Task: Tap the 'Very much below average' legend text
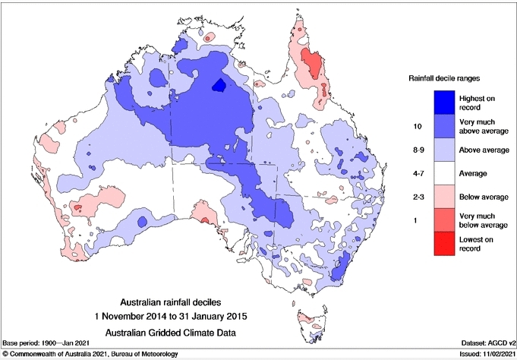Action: [483, 221]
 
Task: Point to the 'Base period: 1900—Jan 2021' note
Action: [50, 343]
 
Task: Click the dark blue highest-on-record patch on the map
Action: [220, 85]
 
